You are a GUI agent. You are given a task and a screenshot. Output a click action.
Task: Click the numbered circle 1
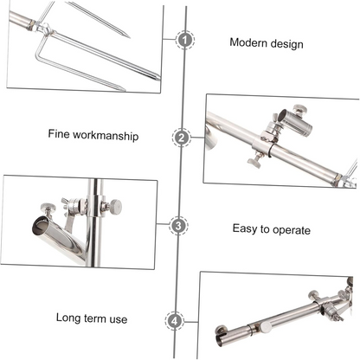pyautogui.click(x=185, y=40)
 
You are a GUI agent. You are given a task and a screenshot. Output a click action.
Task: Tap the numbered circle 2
pyautogui.click(x=182, y=138)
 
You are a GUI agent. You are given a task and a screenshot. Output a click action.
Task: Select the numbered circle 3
pyautogui.click(x=178, y=225)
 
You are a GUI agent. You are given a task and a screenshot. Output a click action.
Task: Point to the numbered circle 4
pyautogui.click(x=175, y=321)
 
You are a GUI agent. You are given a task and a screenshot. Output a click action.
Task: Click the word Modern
pyautogui.click(x=248, y=42)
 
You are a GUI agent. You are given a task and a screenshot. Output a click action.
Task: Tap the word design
pyautogui.click(x=286, y=44)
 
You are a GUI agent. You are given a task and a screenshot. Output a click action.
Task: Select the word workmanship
pyautogui.click(x=106, y=136)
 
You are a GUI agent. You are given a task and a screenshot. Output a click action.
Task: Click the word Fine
pyautogui.click(x=59, y=134)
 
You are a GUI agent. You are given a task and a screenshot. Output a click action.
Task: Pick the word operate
pyautogui.click(x=292, y=230)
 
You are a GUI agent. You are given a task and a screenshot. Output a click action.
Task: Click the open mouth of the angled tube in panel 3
pyautogui.click(x=41, y=225)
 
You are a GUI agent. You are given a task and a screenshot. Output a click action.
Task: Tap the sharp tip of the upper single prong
pyautogui.click(x=128, y=36)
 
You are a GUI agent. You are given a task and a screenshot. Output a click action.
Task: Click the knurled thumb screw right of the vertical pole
pyautogui.click(x=115, y=207)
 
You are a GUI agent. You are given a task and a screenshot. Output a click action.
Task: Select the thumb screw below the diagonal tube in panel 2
pyautogui.click(x=254, y=161)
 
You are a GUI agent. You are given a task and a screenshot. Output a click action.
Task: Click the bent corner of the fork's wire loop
pyautogui.click(x=37, y=54)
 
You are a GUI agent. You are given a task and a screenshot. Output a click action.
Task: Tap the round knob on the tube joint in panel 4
pyautogui.click(x=266, y=327)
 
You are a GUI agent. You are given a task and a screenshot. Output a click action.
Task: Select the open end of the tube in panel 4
pyautogui.click(x=222, y=338)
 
